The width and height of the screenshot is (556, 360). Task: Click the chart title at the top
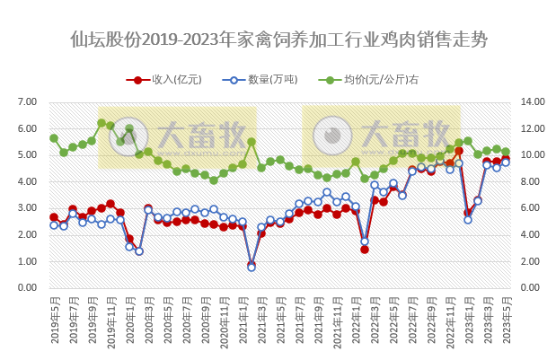point(278,40)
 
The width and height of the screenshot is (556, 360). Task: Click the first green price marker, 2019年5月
point(54,138)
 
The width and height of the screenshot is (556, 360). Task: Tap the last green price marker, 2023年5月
point(506,152)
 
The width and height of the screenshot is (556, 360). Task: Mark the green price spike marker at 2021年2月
point(252,142)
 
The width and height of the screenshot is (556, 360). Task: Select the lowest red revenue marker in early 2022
point(365,249)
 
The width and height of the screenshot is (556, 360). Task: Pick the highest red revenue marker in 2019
point(110,204)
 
